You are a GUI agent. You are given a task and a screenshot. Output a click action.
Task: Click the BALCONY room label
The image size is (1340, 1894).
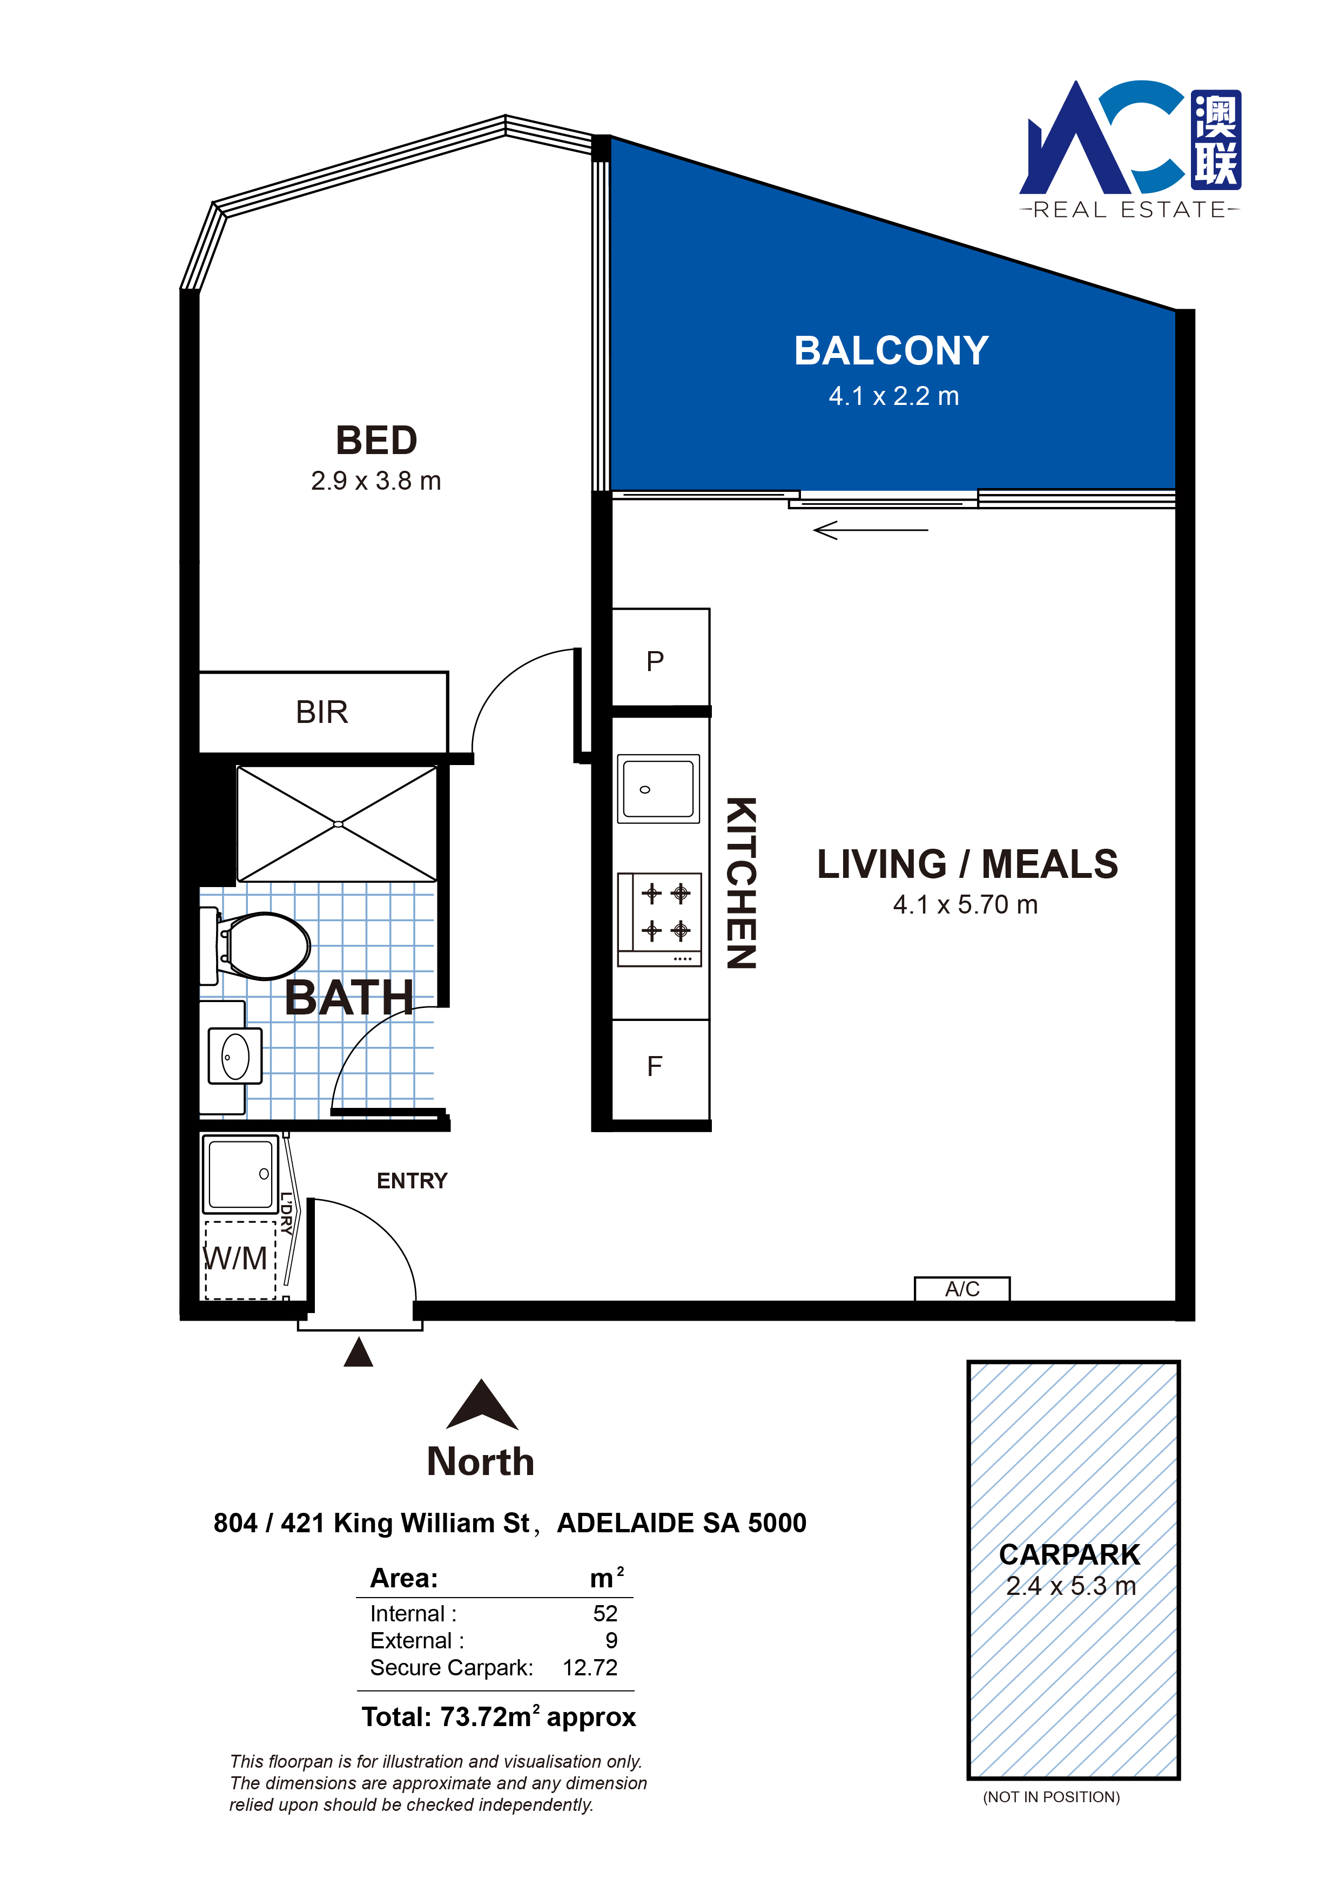pos(891,350)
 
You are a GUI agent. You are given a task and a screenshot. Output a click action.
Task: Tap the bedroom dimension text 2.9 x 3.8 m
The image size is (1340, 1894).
pos(376,481)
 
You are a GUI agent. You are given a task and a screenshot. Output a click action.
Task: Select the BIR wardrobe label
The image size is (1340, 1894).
pos(322,712)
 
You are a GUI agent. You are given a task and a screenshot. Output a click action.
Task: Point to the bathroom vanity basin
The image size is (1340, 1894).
pos(235,1056)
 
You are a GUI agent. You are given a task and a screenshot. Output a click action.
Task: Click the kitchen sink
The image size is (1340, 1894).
pos(658,789)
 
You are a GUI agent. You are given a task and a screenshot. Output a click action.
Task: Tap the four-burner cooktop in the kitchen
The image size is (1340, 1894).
pos(659,919)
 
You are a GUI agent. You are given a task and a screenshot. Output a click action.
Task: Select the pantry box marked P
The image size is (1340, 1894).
pos(660,658)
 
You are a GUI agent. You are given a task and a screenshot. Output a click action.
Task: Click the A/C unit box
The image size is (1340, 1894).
pos(962,1289)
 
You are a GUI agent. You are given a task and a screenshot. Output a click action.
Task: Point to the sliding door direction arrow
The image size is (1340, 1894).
pos(871,530)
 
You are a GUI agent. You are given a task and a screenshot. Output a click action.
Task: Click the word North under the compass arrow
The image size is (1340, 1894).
pos(480,1462)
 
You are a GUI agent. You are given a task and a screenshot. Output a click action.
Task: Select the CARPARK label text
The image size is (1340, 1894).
pos(1069,1554)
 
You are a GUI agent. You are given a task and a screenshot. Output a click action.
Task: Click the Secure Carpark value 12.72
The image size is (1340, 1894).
pos(590,1668)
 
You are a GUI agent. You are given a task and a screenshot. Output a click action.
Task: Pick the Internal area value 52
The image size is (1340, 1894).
pos(605,1614)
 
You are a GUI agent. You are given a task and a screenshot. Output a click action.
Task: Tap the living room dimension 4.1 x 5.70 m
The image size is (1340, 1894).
pos(965,905)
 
